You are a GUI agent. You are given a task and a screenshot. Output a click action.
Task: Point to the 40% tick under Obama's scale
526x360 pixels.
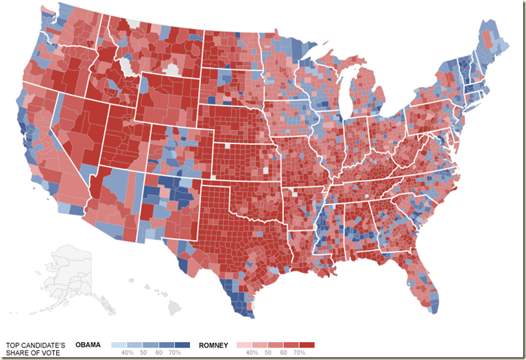point(128,353)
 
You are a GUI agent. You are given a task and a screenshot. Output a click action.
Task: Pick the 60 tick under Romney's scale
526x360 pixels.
point(283,353)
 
